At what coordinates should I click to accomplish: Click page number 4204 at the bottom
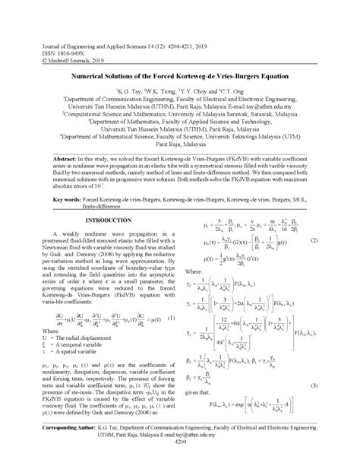pos(180,461)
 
